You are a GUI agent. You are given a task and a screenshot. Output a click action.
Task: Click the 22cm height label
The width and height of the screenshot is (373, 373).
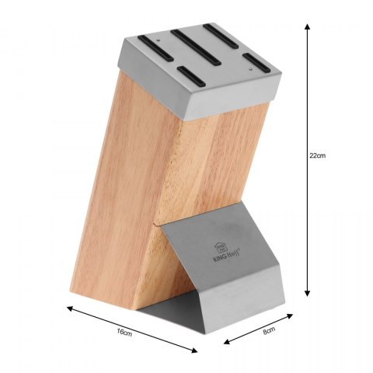point(317,156)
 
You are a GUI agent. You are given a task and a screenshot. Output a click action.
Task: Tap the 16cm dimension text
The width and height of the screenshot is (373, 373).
point(124,333)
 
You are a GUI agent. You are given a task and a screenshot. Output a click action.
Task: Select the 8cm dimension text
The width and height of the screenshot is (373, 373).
point(269,330)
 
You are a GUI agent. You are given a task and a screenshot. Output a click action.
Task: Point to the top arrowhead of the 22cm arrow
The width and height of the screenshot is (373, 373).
point(307,26)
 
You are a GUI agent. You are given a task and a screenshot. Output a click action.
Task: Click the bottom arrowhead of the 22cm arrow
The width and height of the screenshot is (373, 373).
point(307,293)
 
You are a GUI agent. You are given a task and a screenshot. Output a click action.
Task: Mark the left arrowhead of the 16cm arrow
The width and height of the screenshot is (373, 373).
point(70,309)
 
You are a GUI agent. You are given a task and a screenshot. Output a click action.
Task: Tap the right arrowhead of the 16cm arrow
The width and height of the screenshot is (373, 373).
point(194,350)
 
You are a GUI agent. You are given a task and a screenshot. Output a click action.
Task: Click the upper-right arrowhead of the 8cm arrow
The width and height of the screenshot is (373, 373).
point(290,315)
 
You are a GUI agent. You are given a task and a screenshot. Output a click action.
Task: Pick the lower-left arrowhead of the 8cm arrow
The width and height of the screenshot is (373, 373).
point(227,342)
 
